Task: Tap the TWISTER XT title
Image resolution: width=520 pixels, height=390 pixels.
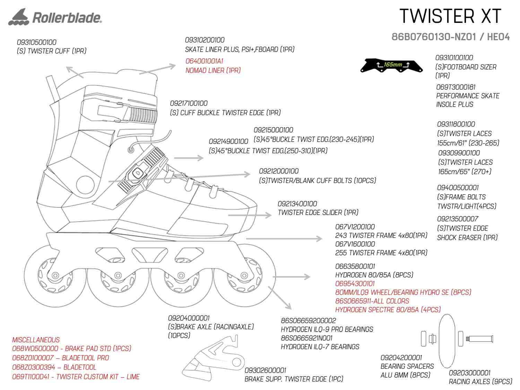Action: (450, 16)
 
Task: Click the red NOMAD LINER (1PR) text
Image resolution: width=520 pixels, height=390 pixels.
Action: (213, 70)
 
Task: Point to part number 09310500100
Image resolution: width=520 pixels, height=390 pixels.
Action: (37, 42)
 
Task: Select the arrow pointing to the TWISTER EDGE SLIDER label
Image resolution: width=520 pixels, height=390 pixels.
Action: (250, 215)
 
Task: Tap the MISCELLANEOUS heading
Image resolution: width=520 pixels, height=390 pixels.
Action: (36, 340)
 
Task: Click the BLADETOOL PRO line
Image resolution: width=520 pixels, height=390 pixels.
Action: (61, 358)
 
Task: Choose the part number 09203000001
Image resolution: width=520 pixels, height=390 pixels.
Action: (469, 373)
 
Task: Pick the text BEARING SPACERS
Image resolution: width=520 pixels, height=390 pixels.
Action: (407, 366)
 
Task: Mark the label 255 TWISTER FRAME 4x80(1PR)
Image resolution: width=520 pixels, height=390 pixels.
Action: (381, 253)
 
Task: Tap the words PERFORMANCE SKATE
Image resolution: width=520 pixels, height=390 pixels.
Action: (468, 96)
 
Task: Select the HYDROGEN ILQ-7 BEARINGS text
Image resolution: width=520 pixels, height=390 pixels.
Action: (320, 347)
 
